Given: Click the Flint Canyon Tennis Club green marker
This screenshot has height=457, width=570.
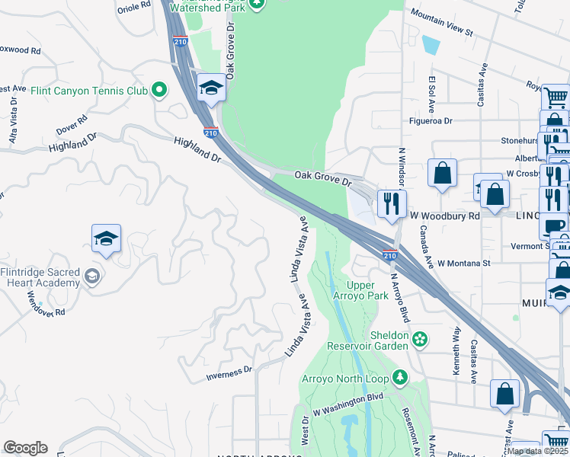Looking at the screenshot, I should (159, 91).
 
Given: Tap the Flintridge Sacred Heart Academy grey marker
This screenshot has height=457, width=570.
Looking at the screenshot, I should (92, 276).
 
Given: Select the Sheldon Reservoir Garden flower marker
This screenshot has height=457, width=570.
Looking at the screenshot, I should (418, 337).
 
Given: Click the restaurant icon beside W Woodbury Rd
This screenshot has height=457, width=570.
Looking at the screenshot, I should (392, 204).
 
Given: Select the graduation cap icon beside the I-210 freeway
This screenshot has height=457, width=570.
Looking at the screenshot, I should (211, 88).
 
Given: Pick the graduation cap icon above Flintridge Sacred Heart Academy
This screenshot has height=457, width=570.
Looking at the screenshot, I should (106, 238).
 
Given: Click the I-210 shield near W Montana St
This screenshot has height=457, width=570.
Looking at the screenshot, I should (389, 255).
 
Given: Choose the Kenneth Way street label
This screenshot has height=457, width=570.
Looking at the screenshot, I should (456, 343).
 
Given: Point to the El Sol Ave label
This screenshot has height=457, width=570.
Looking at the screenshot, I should (431, 89).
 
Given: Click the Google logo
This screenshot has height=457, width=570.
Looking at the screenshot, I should (25, 448).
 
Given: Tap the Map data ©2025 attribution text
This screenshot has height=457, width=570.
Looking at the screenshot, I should (537, 451).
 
